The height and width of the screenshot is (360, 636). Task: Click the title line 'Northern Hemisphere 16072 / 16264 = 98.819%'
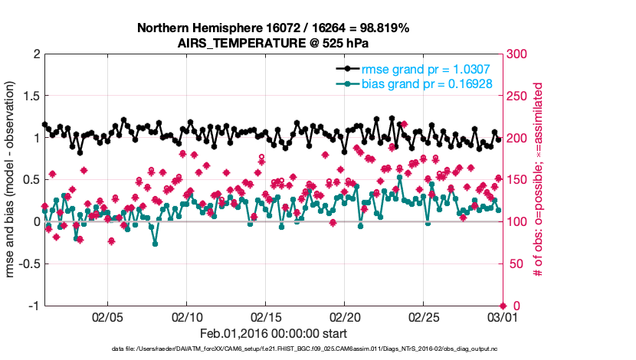point(273,28)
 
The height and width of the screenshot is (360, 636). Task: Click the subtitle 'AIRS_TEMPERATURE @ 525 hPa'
point(273,43)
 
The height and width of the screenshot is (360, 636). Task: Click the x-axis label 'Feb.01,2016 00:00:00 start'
point(273,333)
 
